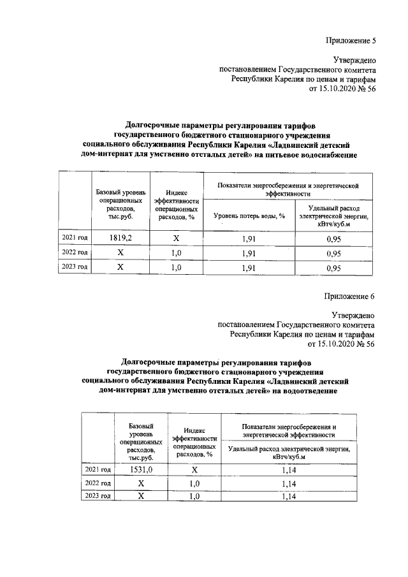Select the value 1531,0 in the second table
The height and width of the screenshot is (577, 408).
138,469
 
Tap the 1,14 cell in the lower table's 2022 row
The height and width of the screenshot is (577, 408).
289,483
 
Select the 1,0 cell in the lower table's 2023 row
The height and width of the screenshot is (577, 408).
195,496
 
